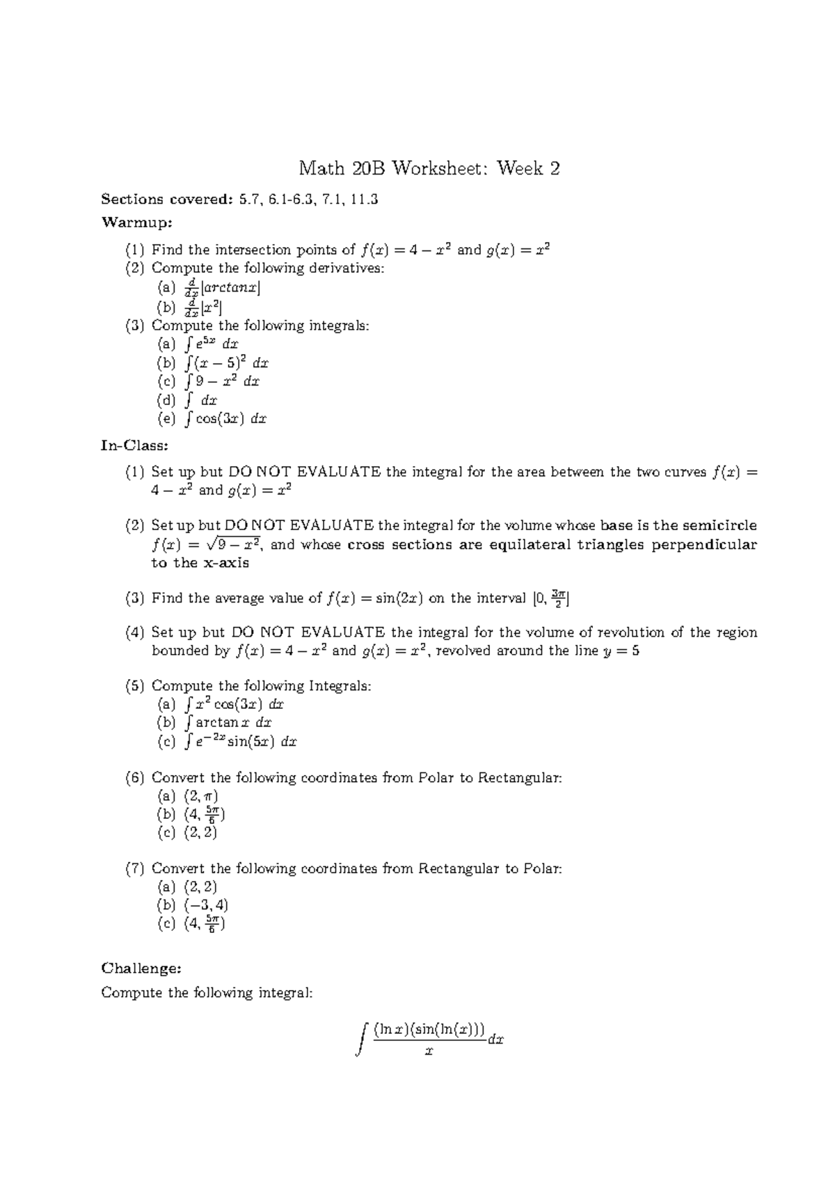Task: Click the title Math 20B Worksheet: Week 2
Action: point(429,169)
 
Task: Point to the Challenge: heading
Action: point(141,968)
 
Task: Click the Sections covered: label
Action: point(166,200)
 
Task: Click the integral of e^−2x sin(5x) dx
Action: point(241,742)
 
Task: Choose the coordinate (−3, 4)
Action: point(206,905)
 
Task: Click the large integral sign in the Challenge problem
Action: point(360,1039)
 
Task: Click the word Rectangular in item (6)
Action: point(519,778)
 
